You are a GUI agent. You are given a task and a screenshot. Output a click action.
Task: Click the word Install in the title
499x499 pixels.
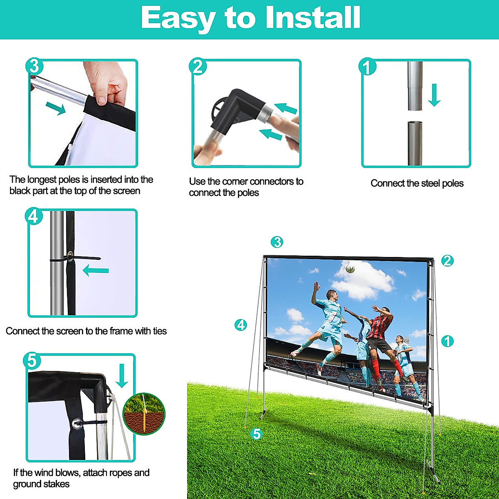click(x=313, y=18)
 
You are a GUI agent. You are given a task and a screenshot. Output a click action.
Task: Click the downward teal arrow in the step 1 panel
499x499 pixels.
click(x=434, y=95)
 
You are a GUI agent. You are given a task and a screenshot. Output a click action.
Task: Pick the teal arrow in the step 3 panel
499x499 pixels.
click(x=56, y=108)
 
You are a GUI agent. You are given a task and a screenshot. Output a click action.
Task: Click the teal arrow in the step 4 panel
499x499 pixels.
click(x=96, y=271)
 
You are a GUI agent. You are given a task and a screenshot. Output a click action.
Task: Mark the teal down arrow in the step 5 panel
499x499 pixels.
click(x=122, y=375)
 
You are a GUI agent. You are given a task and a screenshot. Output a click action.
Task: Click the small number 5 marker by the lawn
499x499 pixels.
click(x=257, y=434)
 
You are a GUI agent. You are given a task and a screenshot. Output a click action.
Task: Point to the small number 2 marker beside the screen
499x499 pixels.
click(x=447, y=261)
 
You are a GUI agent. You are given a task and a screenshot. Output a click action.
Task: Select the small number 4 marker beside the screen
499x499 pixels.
click(x=241, y=325)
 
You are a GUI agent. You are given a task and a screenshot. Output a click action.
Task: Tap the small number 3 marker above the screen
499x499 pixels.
click(x=277, y=242)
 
